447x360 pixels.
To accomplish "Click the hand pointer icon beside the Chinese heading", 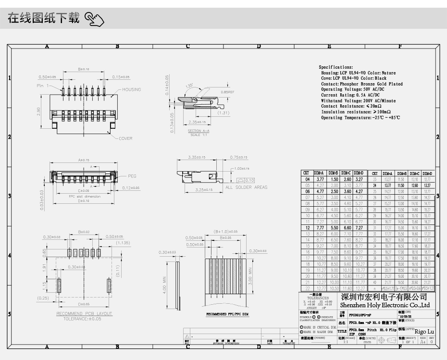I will click(x=94, y=20).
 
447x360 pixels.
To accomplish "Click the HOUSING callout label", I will click(x=131, y=89).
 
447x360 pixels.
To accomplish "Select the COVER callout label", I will click(x=125, y=138).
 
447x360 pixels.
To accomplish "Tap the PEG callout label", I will click(x=132, y=176).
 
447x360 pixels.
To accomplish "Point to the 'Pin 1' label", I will click(x=43, y=86).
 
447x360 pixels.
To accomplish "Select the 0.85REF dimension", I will click(x=227, y=92).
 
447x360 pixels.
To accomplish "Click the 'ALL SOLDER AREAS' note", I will click(x=246, y=187).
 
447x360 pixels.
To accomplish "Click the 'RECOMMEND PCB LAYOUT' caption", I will click(x=85, y=314).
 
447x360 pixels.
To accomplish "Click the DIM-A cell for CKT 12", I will click(x=320, y=227).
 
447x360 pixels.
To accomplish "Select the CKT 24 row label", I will click(x=374, y=185).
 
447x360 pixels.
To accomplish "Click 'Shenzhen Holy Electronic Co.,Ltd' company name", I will click(x=385, y=305).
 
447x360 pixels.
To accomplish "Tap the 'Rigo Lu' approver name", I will click(x=424, y=332).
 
